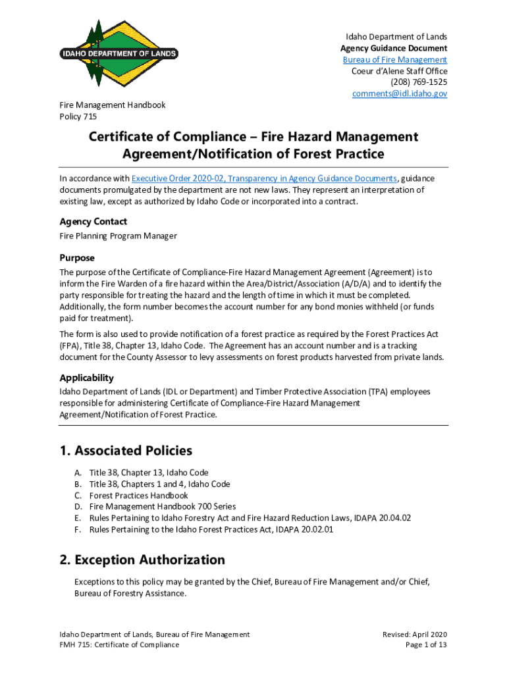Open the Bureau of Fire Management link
tap(394, 60)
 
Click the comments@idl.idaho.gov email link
tap(400, 94)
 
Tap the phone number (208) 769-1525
tap(419, 82)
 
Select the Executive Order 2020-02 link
tap(264, 178)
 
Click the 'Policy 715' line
tap(78, 117)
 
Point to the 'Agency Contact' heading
tap(93, 222)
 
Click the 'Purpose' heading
tap(77, 258)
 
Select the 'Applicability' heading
tap(86, 378)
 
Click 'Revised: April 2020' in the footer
tap(415, 635)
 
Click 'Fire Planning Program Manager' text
tap(118, 236)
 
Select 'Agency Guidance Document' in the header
tap(394, 48)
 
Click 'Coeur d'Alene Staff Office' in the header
tap(399, 71)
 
